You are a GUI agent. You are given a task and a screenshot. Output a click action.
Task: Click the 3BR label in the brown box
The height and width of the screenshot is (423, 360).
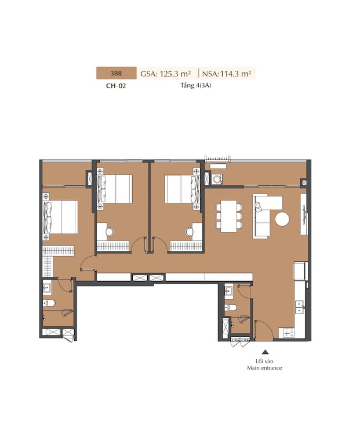[x=116, y=74]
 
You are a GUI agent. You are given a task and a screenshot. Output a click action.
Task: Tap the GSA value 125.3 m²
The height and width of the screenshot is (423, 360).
[x=175, y=74]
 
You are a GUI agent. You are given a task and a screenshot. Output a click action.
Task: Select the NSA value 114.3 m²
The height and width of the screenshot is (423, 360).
[x=235, y=74]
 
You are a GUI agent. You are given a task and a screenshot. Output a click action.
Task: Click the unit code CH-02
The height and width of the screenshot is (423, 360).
[x=116, y=86]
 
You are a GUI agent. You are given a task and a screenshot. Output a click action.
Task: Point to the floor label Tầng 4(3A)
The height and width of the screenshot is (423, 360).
[x=196, y=86]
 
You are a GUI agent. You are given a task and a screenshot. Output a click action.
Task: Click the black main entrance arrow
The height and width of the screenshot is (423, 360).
[x=266, y=352]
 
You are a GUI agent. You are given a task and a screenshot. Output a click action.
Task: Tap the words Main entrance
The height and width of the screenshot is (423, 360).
[x=264, y=368]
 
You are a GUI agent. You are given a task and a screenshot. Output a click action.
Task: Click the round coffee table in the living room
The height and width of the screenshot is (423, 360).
[x=282, y=219]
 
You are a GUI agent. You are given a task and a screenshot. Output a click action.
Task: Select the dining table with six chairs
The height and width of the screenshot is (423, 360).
[x=228, y=216]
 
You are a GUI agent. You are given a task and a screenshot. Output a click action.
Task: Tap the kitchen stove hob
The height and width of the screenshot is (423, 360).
[x=289, y=333]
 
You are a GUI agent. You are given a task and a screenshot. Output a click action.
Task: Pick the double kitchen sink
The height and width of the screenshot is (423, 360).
[x=300, y=307]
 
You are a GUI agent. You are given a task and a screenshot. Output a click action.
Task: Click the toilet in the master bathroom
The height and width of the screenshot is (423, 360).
[x=49, y=303]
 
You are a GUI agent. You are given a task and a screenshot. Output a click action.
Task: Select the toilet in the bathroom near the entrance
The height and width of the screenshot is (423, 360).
[x=231, y=308]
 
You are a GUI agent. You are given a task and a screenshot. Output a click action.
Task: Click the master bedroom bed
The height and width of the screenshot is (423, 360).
[x=61, y=217]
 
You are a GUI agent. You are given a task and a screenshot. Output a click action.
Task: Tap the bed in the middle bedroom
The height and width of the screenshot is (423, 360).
[x=115, y=188]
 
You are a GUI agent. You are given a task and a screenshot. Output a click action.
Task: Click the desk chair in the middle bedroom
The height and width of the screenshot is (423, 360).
[x=110, y=232]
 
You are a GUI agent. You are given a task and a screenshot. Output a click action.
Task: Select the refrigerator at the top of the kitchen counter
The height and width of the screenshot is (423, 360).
[x=301, y=271]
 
